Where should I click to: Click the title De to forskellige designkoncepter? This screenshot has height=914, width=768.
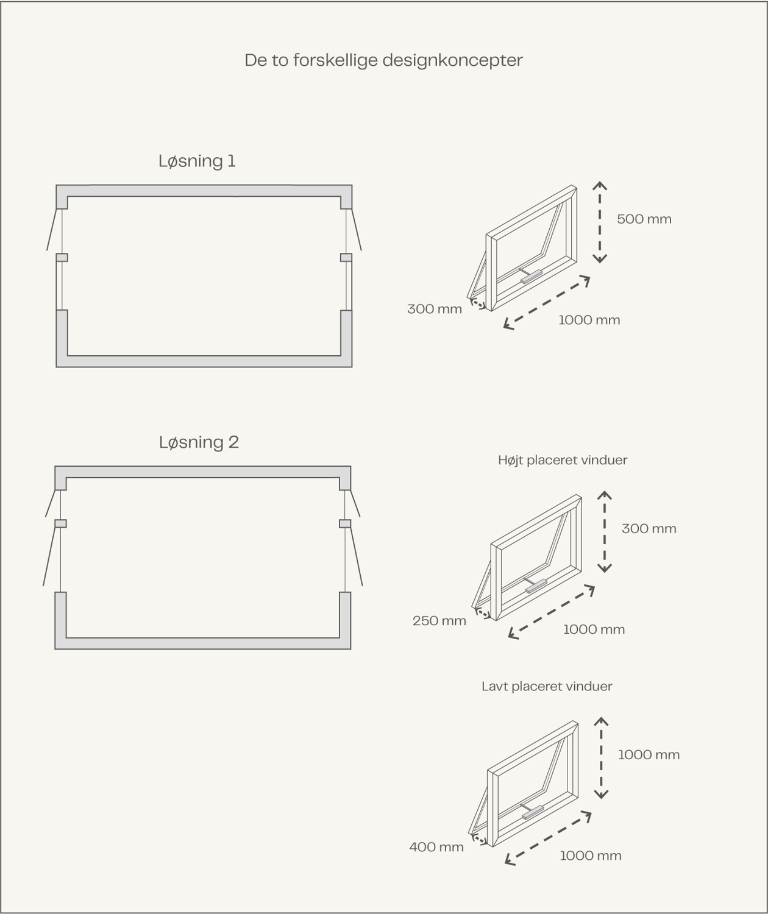click(x=383, y=60)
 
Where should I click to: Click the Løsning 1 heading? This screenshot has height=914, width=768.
click(x=197, y=161)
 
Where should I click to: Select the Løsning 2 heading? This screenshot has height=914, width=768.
click(x=199, y=442)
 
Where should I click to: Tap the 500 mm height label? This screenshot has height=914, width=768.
click(x=644, y=219)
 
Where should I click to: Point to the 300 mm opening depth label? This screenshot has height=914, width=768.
click(x=435, y=309)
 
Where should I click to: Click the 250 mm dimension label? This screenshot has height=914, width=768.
click(x=439, y=621)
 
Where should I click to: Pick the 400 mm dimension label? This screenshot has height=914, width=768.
click(x=436, y=847)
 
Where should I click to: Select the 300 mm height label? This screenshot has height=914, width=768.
click(x=649, y=528)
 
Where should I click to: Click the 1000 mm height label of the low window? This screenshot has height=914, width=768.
click(x=649, y=755)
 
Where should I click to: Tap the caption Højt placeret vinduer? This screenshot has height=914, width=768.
click(x=563, y=460)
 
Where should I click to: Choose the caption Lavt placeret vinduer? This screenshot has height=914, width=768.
click(x=547, y=686)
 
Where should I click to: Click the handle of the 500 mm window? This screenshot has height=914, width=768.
click(x=531, y=277)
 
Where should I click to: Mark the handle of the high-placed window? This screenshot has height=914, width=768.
click(x=536, y=586)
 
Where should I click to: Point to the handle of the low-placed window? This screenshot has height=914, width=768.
click(x=533, y=812)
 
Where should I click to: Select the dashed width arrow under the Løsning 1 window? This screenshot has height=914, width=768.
click(x=547, y=302)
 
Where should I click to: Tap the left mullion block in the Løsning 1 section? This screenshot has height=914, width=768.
click(x=62, y=257)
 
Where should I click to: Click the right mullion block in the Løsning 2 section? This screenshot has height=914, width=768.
click(x=345, y=523)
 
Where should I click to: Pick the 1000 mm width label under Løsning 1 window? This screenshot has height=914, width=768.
click(x=589, y=320)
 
